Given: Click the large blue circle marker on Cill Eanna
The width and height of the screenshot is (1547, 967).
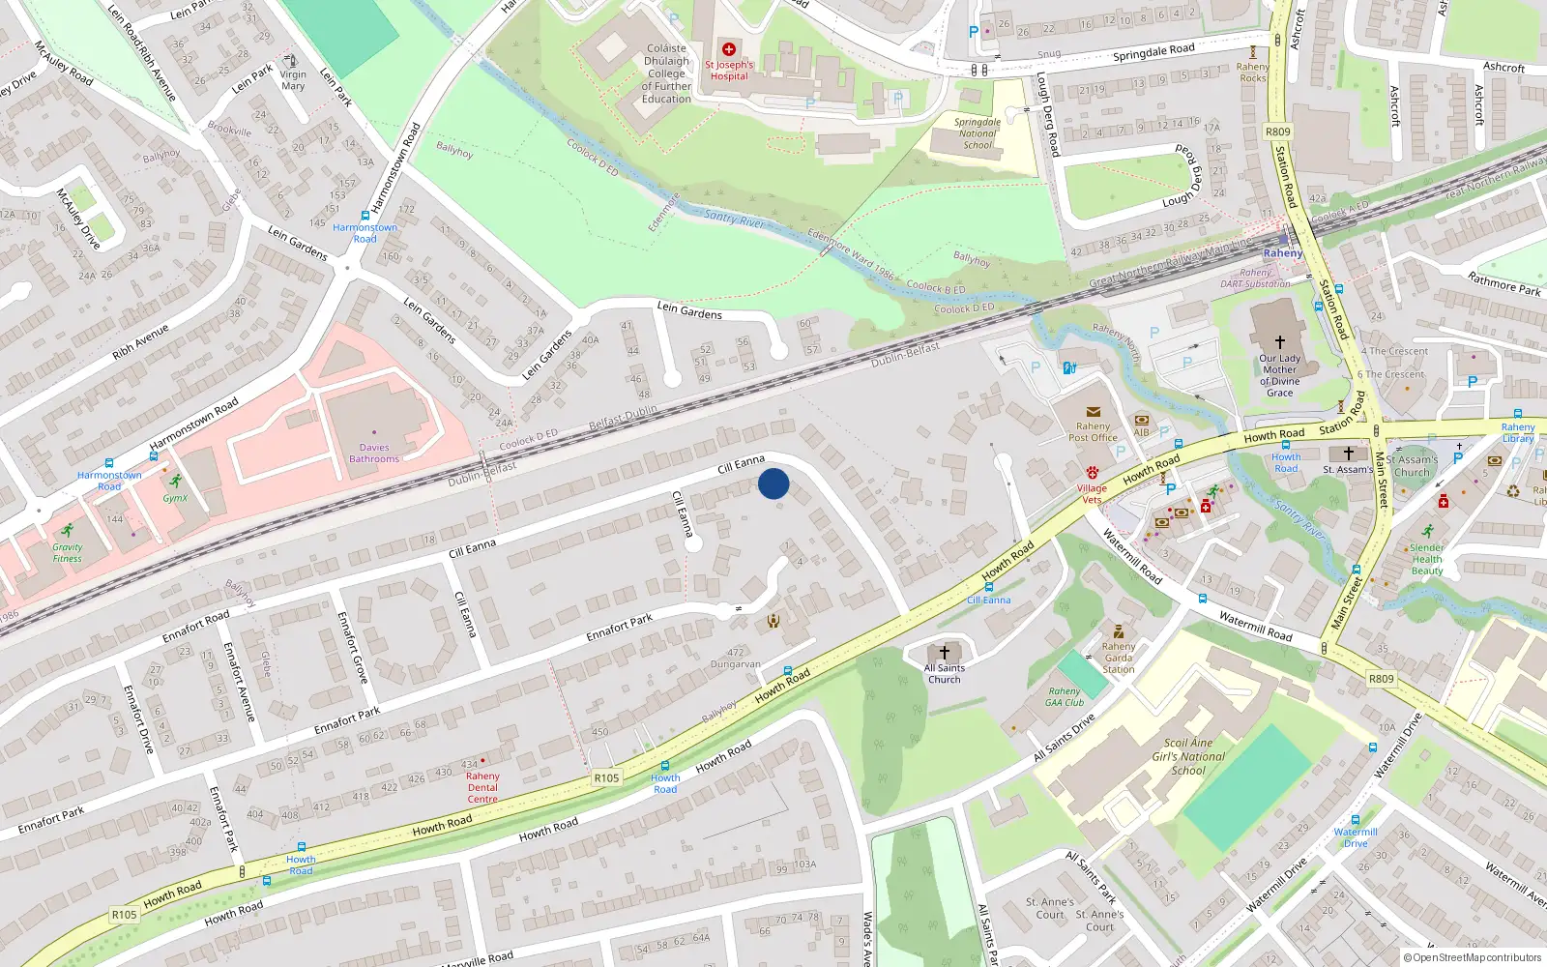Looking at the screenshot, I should coord(773,483).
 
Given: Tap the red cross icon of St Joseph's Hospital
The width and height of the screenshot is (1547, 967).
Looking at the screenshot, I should coord(729,49).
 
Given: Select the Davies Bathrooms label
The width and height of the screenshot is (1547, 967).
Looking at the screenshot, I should coord(374,454).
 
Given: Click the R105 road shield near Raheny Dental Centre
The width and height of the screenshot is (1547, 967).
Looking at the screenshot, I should coord(606,777).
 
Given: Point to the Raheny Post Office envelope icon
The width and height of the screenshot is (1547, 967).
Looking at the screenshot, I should coord(1093,412).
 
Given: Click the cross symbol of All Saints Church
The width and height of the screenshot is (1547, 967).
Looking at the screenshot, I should coord(945,653).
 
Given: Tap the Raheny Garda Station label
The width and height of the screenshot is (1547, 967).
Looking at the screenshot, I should coord(1119,658).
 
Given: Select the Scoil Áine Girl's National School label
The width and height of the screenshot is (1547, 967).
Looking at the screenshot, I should coord(1188,757).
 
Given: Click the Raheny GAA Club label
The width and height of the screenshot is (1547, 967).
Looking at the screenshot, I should coord(1065,696).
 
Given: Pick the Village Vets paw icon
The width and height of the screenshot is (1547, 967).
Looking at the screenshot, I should coord(1093,473).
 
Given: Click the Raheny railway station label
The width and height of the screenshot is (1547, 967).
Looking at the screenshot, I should coord(1283,253).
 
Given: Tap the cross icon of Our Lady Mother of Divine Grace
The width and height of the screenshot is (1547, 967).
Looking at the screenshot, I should coord(1279,342).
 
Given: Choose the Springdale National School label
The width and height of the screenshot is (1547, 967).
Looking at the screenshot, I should coord(978,133).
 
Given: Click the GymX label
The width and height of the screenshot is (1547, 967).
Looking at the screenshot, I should coord(175,498).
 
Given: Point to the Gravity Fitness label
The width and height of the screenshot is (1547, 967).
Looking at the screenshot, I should coord(68,552).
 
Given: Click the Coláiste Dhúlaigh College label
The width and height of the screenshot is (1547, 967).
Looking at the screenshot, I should coord(666,73).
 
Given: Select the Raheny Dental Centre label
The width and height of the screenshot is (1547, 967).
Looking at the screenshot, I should coord(482,787).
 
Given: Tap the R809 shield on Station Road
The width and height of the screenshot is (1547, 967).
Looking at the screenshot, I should coord(1277,132).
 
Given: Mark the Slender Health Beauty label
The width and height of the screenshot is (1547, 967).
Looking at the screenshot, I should coord(1427,559).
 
